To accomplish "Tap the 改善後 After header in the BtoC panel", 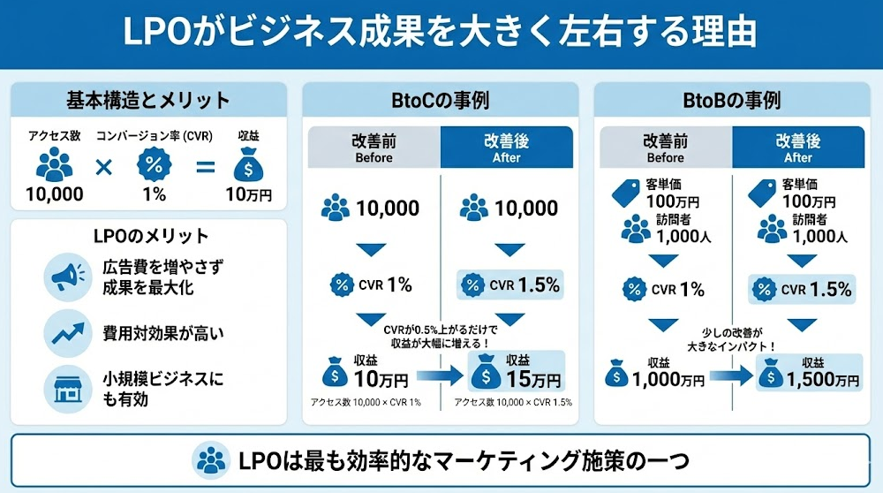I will pyautogui.click(x=506, y=148).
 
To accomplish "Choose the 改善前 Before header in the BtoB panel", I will pyautogui.click(x=666, y=148).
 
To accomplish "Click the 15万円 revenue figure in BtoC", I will pyautogui.click(x=533, y=381).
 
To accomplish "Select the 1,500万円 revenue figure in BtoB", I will pyautogui.click(x=822, y=380).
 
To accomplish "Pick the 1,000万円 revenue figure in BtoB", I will pyautogui.click(x=668, y=380).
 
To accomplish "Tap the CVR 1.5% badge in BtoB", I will pyautogui.click(x=804, y=288).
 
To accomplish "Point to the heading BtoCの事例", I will pyautogui.click(x=440, y=99).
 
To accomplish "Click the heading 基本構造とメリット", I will pyautogui.click(x=147, y=99).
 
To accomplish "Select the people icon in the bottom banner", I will pyautogui.click(x=211, y=460).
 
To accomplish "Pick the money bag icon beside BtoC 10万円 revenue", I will pyautogui.click(x=336, y=375).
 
